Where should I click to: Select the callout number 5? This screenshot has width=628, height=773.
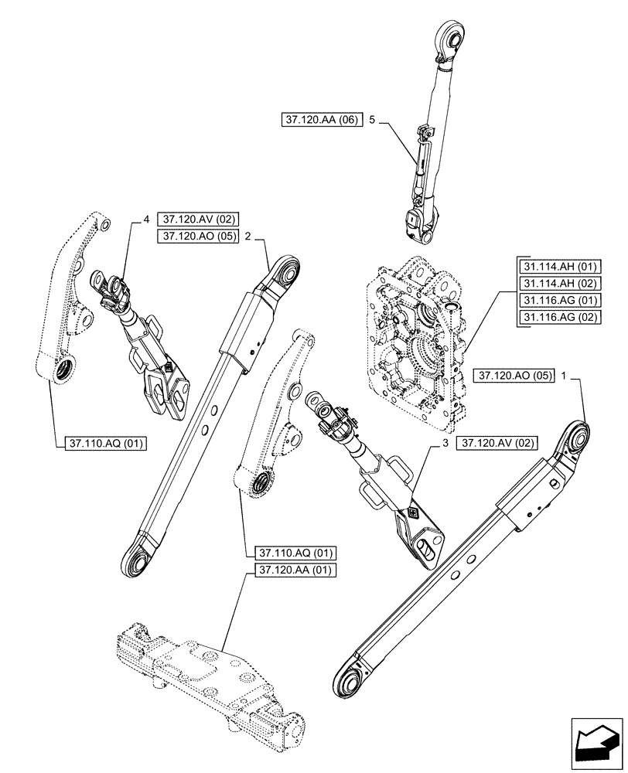pyautogui.click(x=372, y=121)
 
